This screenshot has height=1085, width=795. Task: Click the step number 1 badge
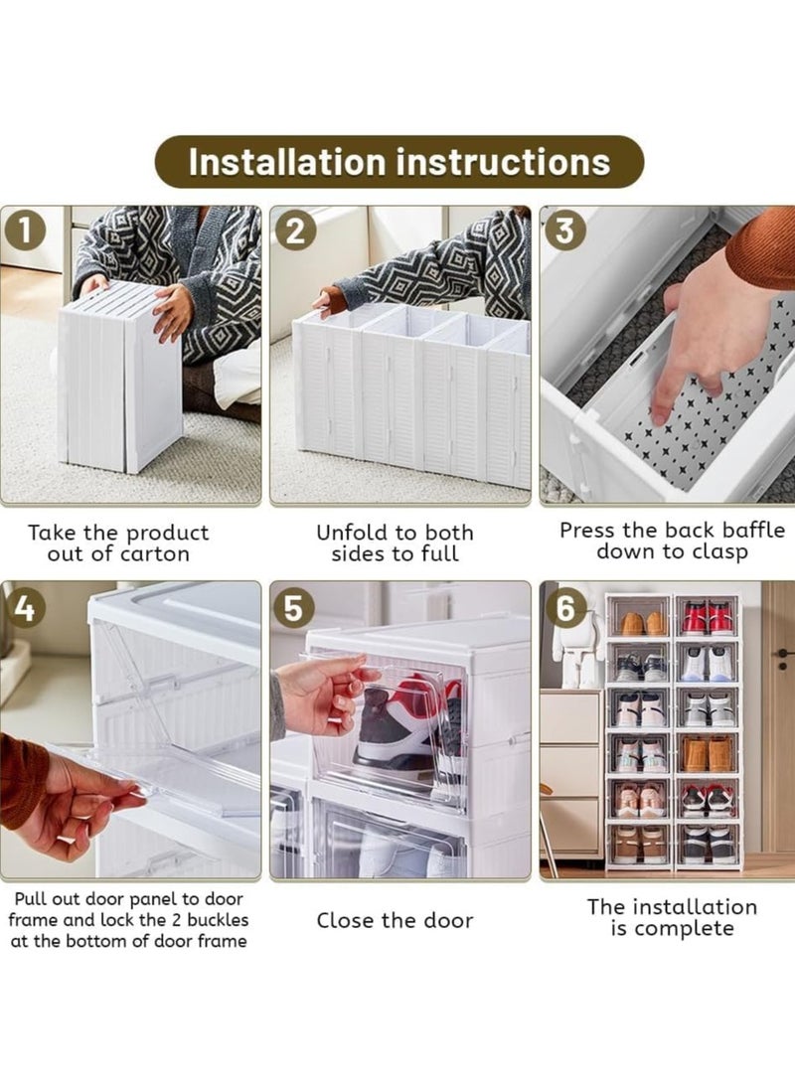pyautogui.click(x=25, y=231)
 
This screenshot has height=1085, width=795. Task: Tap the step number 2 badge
pyautogui.click(x=295, y=231)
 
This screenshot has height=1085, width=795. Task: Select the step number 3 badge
pyautogui.click(x=565, y=231)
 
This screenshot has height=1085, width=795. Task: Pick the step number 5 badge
pyautogui.click(x=294, y=607)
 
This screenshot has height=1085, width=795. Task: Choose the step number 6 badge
pyautogui.click(x=565, y=607)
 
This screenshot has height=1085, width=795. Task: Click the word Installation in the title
pyautogui.click(x=286, y=162)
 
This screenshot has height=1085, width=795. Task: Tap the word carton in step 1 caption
pyautogui.click(x=154, y=554)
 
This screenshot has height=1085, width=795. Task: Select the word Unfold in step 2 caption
pyautogui.click(x=351, y=533)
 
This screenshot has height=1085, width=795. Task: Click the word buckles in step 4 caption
pyautogui.click(x=215, y=920)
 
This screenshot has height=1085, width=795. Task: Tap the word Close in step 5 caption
pyautogui.click(x=345, y=920)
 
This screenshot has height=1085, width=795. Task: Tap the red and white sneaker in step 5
pyautogui.click(x=408, y=726)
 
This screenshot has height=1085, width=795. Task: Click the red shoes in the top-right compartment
pyautogui.click(x=708, y=618)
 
